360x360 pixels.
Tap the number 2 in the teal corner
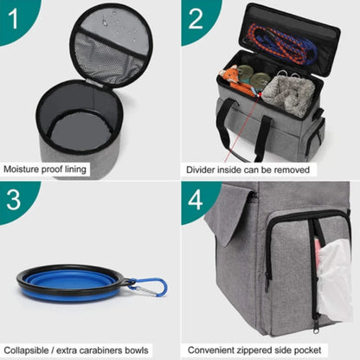[x=196, y=16]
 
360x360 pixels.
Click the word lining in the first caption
[x=75, y=170]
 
